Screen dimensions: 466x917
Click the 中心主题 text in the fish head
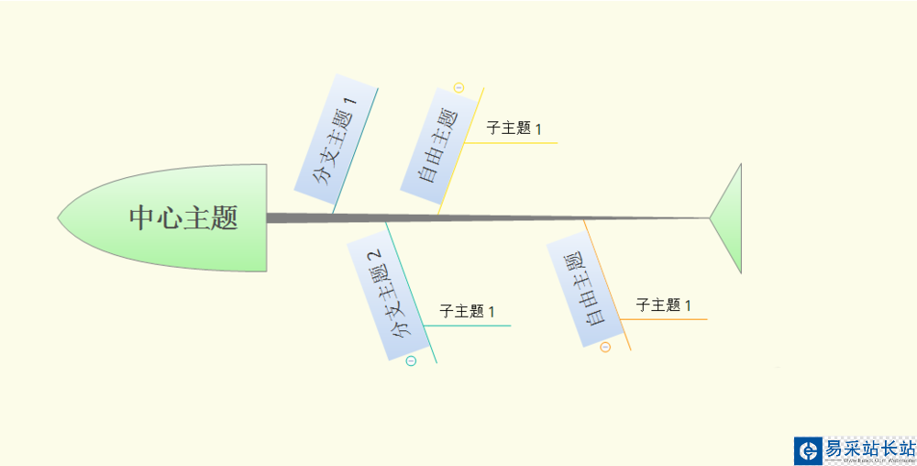coord(183,218)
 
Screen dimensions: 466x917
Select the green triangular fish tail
coord(729,218)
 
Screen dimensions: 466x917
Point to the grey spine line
coord(486,218)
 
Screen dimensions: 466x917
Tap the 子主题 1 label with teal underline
coord(467,312)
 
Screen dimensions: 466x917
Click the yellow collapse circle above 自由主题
coord(458,88)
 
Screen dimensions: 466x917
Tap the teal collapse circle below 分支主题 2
coord(411,361)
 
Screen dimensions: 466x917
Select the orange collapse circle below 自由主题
coord(605,347)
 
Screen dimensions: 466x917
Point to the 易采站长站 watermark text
coord(869,449)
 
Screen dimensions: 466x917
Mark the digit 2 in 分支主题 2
coord(374,259)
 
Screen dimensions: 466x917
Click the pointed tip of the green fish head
coord(60,218)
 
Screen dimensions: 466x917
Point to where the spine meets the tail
coord(710,218)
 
